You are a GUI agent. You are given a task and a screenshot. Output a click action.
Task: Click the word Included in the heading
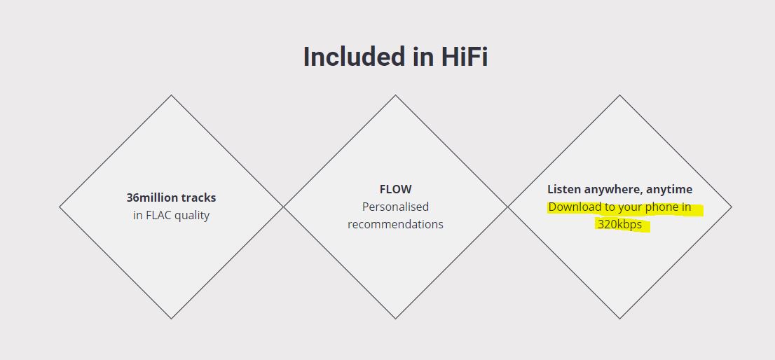(x=353, y=56)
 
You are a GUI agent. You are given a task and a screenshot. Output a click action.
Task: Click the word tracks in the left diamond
(x=198, y=198)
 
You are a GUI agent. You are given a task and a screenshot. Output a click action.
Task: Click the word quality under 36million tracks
(x=191, y=216)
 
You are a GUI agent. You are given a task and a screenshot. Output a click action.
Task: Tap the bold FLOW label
(x=395, y=189)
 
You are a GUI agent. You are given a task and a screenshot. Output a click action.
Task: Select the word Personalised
(x=395, y=207)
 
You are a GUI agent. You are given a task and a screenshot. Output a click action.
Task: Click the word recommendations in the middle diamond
(x=395, y=224)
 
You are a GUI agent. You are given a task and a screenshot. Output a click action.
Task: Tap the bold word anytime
(x=670, y=190)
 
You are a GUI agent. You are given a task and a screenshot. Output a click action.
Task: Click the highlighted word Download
(x=573, y=207)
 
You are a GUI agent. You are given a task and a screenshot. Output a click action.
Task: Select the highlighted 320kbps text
(x=620, y=225)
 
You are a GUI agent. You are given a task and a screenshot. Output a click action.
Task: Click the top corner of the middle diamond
(x=395, y=95)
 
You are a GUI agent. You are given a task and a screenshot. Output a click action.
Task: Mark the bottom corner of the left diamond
(x=172, y=319)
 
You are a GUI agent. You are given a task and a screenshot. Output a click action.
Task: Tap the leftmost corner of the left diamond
(x=60, y=207)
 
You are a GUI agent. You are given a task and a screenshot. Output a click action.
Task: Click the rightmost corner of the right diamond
(x=732, y=207)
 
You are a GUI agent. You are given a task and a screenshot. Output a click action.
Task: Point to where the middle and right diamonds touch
(x=507, y=207)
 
